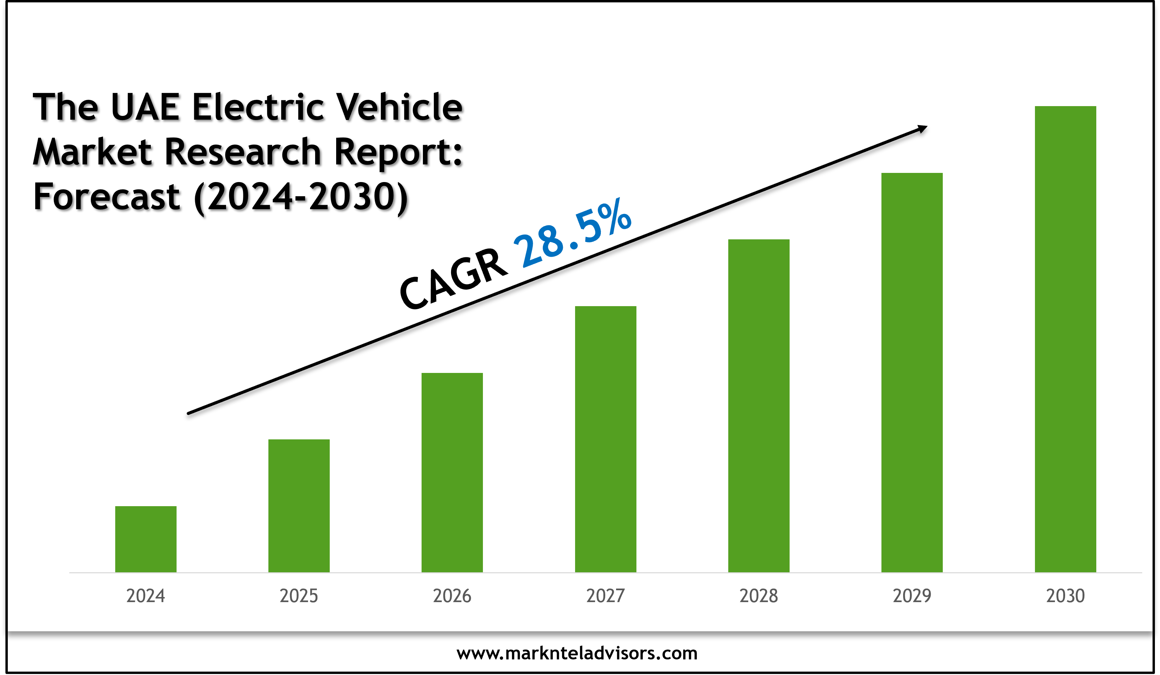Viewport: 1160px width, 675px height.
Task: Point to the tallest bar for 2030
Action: pyautogui.click(x=1065, y=339)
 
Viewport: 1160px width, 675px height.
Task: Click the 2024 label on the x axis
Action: pyautogui.click(x=145, y=596)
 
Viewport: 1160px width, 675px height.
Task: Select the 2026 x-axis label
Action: pyautogui.click(x=452, y=596)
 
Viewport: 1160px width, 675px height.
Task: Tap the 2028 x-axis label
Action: pyautogui.click(x=759, y=596)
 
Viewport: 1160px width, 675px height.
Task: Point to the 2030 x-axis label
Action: pyautogui.click(x=1065, y=596)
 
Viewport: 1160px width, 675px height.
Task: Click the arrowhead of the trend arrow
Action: pyautogui.click(x=922, y=129)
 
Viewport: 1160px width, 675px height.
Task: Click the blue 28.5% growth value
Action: pyautogui.click(x=573, y=235)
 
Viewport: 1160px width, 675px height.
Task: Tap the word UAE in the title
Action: pyautogui.click(x=145, y=107)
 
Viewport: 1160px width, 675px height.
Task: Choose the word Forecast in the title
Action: pyautogui.click(x=106, y=197)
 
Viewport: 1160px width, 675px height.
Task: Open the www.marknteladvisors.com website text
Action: pyautogui.click(x=577, y=653)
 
